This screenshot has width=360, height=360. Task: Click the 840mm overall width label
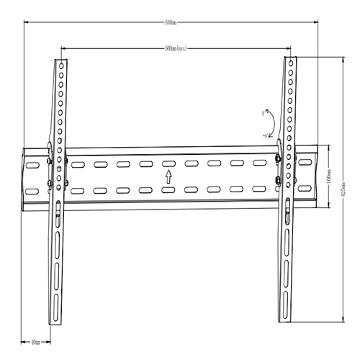[x=171, y=22]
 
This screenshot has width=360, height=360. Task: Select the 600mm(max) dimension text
[x=176, y=49]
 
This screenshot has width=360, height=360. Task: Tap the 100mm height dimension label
[x=328, y=177]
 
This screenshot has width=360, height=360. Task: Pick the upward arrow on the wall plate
[x=168, y=177]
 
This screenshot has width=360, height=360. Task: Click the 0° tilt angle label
[x=264, y=112]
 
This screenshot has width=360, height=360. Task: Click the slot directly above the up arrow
[x=168, y=164]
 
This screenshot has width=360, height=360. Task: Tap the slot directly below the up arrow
[x=168, y=190]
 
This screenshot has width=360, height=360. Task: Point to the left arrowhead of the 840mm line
[x=26, y=22]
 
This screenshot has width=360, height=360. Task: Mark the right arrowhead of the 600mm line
[x=290, y=49]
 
